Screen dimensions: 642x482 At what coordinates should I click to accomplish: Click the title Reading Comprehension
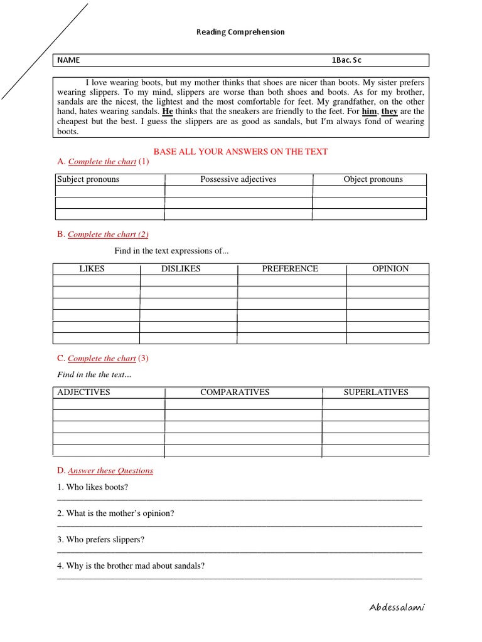point(241,32)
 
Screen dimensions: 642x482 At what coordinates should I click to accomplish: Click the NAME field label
point(69,60)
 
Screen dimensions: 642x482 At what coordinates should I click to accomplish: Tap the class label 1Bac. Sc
point(346,60)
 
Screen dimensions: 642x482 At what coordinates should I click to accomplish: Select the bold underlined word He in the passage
point(168,112)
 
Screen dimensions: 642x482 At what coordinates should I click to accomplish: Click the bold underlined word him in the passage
point(370,112)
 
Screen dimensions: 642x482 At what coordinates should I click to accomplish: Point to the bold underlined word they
point(390,112)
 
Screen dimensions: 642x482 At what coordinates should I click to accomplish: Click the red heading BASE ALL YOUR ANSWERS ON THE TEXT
point(240,152)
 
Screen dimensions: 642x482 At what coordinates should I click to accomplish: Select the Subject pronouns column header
point(88,179)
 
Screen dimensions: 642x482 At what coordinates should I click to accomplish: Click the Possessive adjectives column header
point(238,179)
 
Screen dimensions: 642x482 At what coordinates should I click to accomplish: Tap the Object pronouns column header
point(373,179)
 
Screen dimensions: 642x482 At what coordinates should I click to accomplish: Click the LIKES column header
point(92,269)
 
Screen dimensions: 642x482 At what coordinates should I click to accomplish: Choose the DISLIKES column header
point(181,269)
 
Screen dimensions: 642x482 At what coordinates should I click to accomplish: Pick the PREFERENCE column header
point(290,269)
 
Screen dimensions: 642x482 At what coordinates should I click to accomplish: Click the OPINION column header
point(390,269)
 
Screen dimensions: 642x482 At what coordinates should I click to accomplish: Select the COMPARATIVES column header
point(235,392)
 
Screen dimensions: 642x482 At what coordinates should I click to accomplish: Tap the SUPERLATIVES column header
point(375,392)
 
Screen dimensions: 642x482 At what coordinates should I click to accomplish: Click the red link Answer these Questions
point(110,471)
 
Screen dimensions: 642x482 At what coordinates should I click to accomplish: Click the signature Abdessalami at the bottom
point(401,608)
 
